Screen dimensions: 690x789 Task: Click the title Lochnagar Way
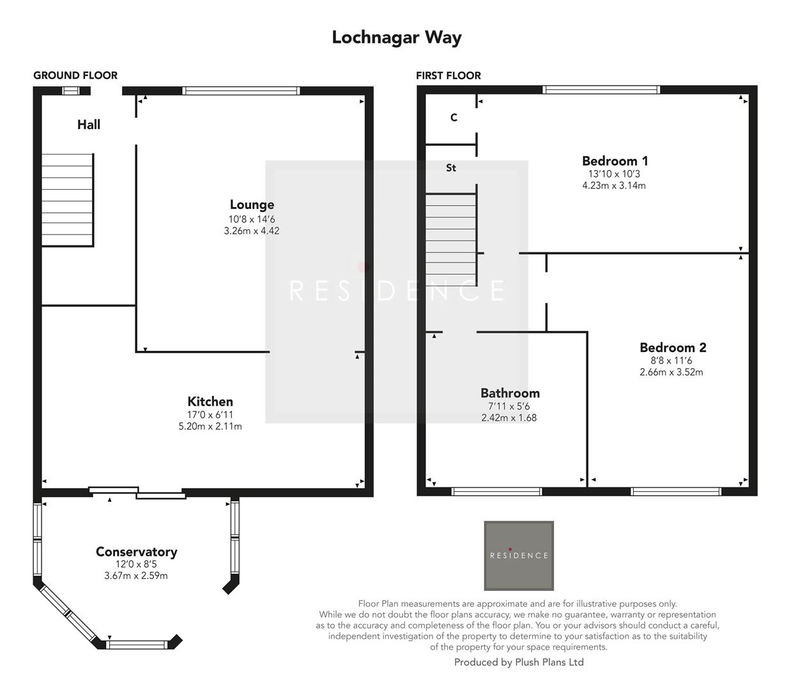click(x=396, y=37)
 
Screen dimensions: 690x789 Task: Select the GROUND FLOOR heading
click(x=75, y=75)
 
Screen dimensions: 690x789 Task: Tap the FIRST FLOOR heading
click(x=448, y=75)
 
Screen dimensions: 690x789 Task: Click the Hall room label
click(x=89, y=125)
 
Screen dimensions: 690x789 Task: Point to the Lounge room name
click(x=252, y=205)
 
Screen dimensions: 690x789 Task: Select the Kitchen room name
click(x=210, y=402)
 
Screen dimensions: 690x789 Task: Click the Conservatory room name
click(x=136, y=552)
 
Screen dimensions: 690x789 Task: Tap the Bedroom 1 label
click(x=615, y=161)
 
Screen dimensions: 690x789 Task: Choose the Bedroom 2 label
click(x=673, y=348)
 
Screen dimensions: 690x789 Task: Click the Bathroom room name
click(x=510, y=394)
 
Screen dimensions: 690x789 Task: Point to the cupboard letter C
click(x=454, y=118)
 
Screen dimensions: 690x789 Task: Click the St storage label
click(x=451, y=168)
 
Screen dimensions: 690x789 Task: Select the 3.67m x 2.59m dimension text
click(x=136, y=576)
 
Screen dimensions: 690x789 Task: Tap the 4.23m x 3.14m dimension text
click(x=613, y=186)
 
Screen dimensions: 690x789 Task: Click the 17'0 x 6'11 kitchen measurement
click(x=210, y=415)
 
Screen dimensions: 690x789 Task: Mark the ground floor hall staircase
click(x=68, y=200)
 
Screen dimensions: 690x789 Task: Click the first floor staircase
click(x=451, y=240)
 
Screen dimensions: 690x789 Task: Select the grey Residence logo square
click(x=519, y=555)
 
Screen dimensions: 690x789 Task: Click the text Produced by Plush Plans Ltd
click(x=519, y=663)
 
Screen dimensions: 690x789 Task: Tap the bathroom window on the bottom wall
click(x=496, y=491)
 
